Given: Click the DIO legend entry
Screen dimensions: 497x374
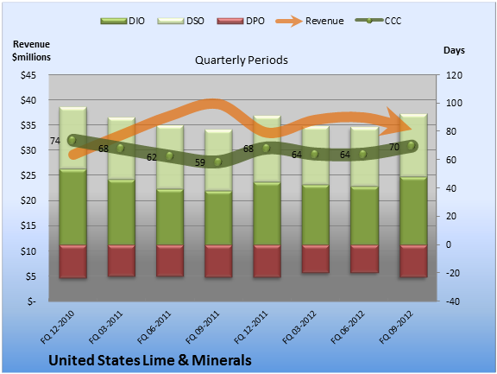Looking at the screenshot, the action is coord(123,21).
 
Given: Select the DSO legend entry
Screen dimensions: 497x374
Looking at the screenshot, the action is coord(180,21).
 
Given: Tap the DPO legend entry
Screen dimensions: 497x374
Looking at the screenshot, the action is coord(241,21).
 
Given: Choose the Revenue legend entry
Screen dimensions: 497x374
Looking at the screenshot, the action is coord(310,21).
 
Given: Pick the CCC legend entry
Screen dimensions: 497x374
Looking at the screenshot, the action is coord(378,21).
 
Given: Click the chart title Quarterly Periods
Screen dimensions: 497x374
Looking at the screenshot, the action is coord(242,60).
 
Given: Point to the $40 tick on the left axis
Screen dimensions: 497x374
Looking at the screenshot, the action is coord(28,100).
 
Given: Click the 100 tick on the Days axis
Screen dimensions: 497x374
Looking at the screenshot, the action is coord(454,103).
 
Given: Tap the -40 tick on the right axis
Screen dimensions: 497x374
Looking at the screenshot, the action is coord(452,301).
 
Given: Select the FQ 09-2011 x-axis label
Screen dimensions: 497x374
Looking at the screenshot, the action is coord(202,327).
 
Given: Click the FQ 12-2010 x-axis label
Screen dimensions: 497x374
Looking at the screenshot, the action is coord(57,327).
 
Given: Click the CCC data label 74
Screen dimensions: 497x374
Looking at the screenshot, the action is coord(55,141).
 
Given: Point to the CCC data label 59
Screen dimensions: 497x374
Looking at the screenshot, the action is coord(199,162).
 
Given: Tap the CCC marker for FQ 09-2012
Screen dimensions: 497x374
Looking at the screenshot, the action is coord(411,146).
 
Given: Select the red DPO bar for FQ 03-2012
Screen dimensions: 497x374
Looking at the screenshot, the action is coord(316,258).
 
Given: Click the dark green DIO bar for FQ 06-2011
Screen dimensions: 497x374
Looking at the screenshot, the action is coord(170,217).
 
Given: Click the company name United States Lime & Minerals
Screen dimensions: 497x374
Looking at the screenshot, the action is coord(150,360).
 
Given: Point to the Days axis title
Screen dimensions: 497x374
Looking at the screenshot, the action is coord(454,50).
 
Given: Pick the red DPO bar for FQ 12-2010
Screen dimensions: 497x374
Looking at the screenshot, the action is coord(72,262).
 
